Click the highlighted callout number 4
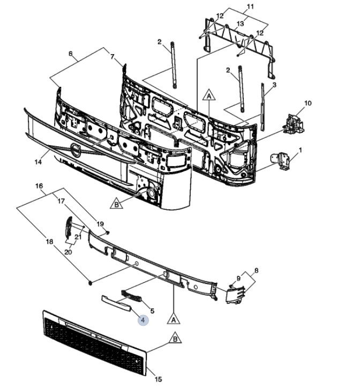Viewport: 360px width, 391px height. point(142,320)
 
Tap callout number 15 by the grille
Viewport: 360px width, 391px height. point(158,380)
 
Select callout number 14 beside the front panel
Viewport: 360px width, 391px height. point(37,161)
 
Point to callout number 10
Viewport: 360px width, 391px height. point(307,103)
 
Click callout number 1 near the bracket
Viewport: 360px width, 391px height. point(300,150)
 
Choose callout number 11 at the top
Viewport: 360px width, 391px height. point(249,6)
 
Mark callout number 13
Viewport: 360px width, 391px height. point(240,24)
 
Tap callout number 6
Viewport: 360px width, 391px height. point(70,54)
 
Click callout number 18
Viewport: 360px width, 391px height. point(50,242)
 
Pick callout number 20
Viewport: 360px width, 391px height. point(69,252)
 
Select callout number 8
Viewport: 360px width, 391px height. point(256,270)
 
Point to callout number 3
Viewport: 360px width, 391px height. point(274,85)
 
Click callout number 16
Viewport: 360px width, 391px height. point(39,186)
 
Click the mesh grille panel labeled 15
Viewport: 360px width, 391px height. point(91,343)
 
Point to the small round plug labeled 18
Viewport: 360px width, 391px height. point(92,281)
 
